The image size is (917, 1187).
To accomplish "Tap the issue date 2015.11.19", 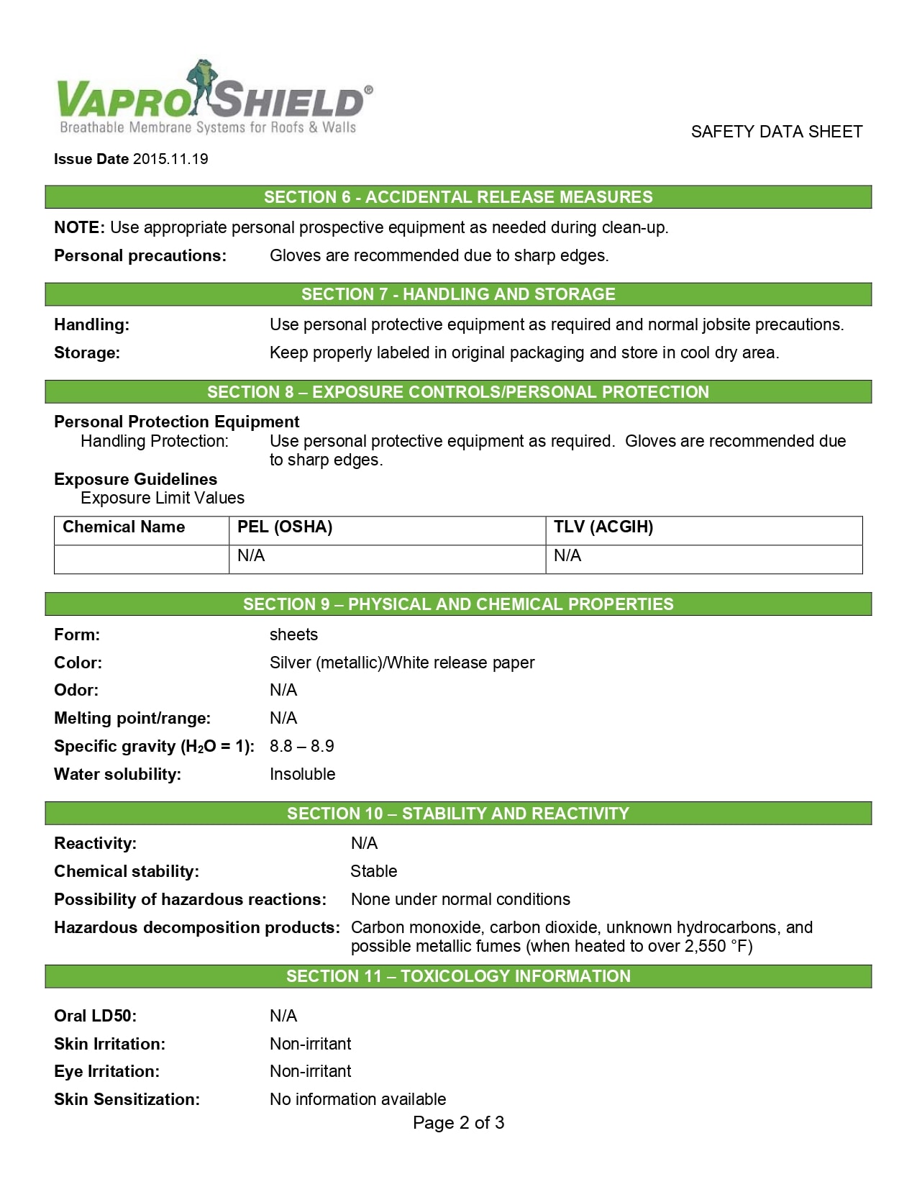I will point(170,159).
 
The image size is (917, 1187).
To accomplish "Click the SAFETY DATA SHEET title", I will point(776,132).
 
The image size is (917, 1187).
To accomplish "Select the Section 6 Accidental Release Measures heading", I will point(458,197).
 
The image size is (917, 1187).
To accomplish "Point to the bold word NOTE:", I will point(80,227).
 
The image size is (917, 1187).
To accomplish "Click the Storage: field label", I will point(87,353).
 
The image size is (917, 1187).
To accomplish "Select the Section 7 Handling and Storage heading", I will point(458,294).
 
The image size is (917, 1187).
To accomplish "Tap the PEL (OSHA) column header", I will point(285,527).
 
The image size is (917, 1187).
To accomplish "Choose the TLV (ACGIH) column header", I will point(603,527).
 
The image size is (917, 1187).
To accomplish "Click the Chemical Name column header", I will point(124,527).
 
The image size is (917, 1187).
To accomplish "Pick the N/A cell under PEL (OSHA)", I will point(251,556).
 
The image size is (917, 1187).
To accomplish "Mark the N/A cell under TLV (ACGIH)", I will point(567,556).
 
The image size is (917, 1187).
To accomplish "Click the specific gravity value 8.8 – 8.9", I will point(301,746).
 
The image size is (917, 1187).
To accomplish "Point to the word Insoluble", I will point(302,774).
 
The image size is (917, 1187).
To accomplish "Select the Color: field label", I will point(78,663).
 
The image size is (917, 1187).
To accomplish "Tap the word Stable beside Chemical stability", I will point(373,871).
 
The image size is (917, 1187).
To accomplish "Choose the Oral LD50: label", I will point(95,1016).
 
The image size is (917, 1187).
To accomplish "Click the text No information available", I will point(357,1099).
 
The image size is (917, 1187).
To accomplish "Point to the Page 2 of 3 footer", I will point(458,1123).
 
